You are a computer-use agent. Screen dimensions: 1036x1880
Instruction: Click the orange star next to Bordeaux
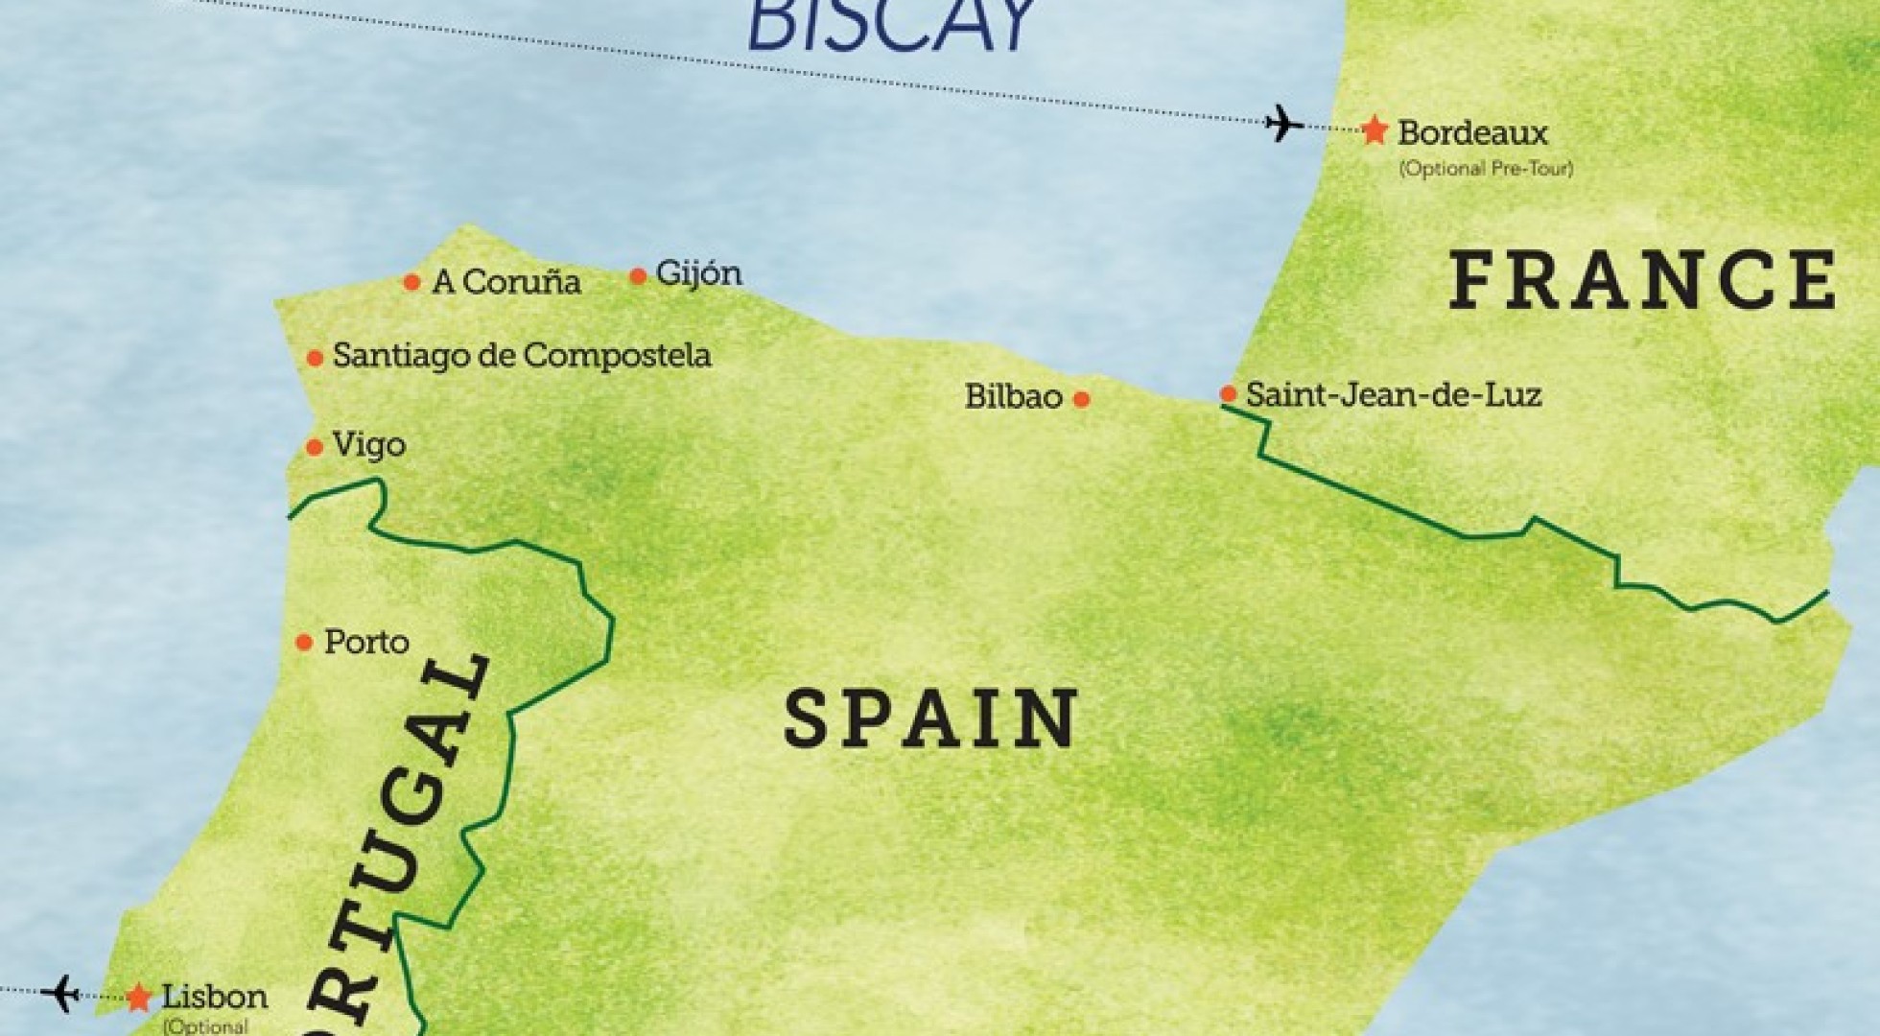(x=1375, y=130)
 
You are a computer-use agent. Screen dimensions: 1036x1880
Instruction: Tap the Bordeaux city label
(x=1473, y=132)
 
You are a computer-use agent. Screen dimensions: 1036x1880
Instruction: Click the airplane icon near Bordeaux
(x=1284, y=123)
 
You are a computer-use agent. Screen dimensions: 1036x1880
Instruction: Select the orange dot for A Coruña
(x=411, y=282)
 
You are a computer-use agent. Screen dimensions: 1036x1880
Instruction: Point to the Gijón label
(x=698, y=274)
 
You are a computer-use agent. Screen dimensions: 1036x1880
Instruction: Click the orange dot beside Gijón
(x=638, y=276)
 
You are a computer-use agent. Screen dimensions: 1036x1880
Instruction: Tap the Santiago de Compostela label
(x=522, y=356)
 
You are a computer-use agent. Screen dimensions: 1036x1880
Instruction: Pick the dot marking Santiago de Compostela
(x=315, y=359)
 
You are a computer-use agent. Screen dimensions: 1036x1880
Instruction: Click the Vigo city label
(x=368, y=445)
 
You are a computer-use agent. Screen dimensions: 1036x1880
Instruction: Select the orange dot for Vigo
(x=314, y=447)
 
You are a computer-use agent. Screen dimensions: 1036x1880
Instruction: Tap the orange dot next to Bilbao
(x=1081, y=399)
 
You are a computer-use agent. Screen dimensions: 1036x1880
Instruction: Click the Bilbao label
(x=1013, y=397)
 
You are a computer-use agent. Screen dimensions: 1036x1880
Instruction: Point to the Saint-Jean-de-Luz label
(x=1393, y=394)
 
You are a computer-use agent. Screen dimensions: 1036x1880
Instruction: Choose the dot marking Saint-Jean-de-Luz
(x=1228, y=393)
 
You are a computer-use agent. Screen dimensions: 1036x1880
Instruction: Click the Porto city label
(x=366, y=642)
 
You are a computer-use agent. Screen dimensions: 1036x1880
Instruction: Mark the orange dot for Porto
(x=304, y=643)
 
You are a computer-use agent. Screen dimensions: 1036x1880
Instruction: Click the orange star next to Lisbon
(x=139, y=997)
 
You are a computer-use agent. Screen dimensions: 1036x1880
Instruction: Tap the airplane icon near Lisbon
(x=61, y=992)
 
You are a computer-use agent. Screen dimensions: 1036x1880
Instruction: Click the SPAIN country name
(x=931, y=718)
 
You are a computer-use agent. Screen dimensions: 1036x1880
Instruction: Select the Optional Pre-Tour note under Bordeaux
(x=1485, y=169)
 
